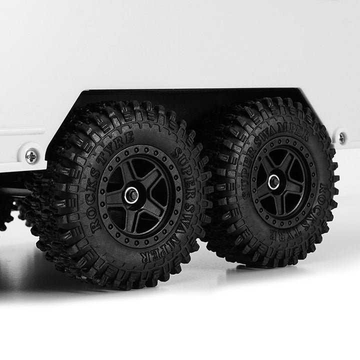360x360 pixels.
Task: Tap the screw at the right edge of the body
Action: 342,138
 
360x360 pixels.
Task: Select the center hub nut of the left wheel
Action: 132,195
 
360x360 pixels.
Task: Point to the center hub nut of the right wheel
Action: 274,181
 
